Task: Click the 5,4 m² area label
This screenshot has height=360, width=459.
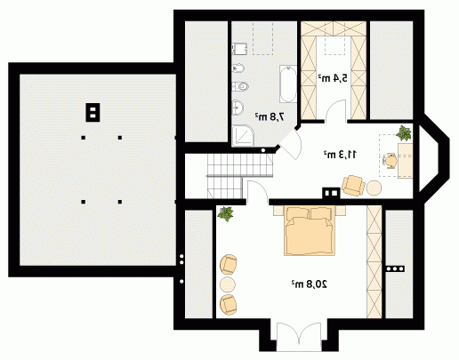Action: [333, 78]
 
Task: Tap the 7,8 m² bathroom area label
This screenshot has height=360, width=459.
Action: [270, 116]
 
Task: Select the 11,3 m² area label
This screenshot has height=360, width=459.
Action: [340, 154]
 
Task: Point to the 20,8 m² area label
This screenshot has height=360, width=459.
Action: [309, 284]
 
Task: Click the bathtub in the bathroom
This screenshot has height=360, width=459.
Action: [288, 84]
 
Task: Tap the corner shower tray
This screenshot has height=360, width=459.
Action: [243, 136]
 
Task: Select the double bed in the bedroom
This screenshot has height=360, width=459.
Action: [310, 230]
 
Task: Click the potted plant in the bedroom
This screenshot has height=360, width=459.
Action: [226, 213]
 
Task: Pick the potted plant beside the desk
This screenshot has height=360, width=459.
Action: [404, 133]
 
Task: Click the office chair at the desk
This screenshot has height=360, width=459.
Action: [390, 161]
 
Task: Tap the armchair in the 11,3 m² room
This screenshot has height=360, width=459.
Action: [353, 186]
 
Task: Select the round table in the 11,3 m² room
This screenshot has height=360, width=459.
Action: [374, 188]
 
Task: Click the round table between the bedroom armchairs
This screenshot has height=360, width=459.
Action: [228, 284]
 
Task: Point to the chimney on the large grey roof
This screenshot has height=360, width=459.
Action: [93, 112]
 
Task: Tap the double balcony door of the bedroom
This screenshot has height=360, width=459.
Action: [299, 336]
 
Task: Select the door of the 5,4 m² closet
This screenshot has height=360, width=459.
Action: [335, 111]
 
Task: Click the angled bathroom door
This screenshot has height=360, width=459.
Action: [290, 144]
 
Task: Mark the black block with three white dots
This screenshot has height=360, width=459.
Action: [395, 268]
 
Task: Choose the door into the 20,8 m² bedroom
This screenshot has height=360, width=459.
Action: [257, 192]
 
